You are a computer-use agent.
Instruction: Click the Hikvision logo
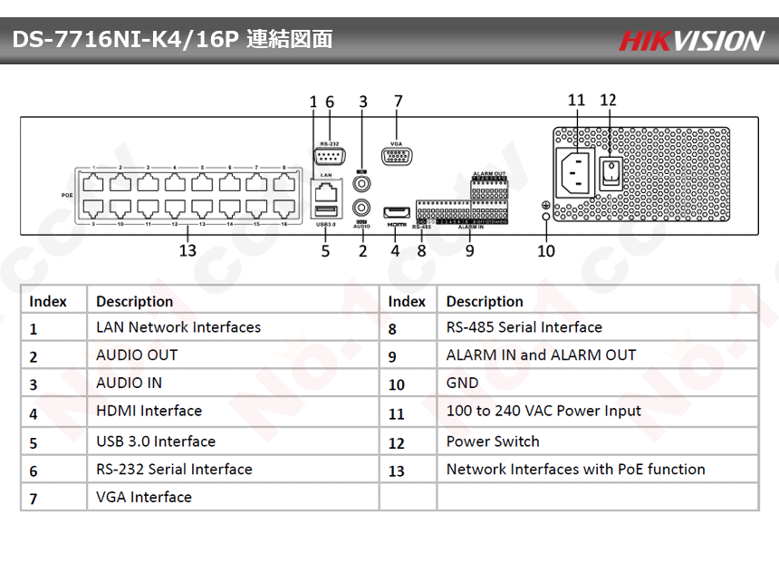691,40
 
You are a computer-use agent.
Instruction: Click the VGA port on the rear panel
396,156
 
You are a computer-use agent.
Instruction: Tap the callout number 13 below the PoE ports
188,251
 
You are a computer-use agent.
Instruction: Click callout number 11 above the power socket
576,101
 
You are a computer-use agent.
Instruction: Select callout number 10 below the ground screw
545,251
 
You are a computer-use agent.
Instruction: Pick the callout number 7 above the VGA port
398,102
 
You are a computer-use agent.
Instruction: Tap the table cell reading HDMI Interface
149,412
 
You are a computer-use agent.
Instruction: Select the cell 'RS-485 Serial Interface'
524,327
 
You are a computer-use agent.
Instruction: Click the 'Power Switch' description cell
493,442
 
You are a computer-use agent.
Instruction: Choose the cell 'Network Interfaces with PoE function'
575,470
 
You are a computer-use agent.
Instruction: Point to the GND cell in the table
462,383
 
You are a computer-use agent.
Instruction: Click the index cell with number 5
34,443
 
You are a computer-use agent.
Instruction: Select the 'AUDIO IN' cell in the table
130,383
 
